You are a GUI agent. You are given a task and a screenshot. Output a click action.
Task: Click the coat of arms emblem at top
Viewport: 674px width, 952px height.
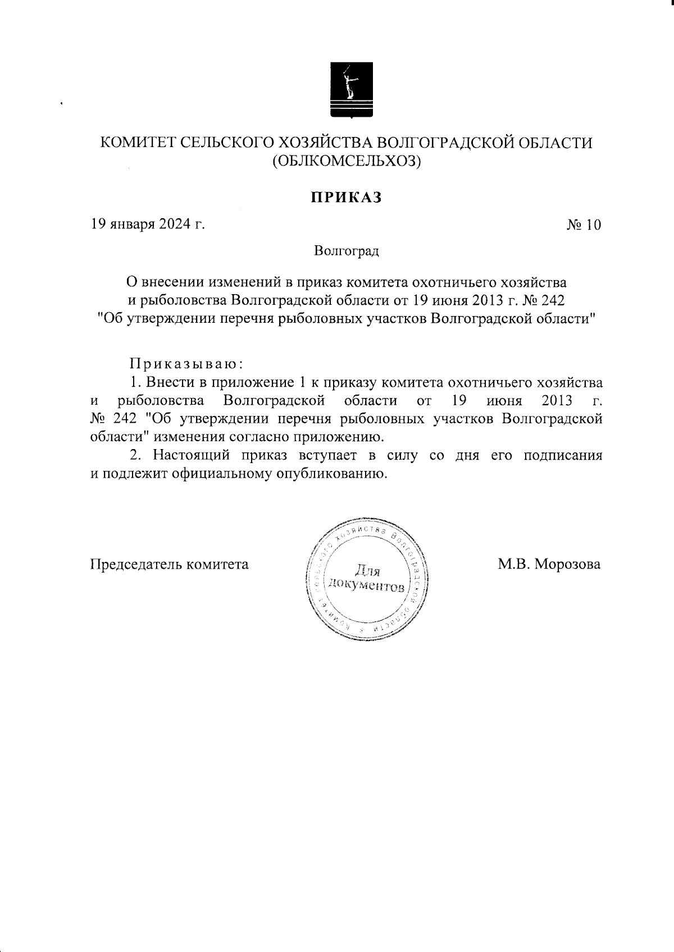350,91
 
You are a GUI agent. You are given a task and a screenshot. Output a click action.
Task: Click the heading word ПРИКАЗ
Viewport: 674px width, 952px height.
347,198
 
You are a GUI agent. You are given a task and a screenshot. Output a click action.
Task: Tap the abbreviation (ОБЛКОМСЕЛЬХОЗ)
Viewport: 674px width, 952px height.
347,162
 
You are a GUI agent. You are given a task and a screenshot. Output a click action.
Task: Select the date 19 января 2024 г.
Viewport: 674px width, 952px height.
148,225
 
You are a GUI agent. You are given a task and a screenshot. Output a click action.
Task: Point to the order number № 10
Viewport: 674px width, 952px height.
584,225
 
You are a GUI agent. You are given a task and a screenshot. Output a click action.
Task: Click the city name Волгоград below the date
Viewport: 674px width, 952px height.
347,250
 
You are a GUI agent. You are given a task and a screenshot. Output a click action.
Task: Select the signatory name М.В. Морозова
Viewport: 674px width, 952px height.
549,564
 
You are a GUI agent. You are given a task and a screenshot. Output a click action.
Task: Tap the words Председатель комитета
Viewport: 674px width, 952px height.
170,564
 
